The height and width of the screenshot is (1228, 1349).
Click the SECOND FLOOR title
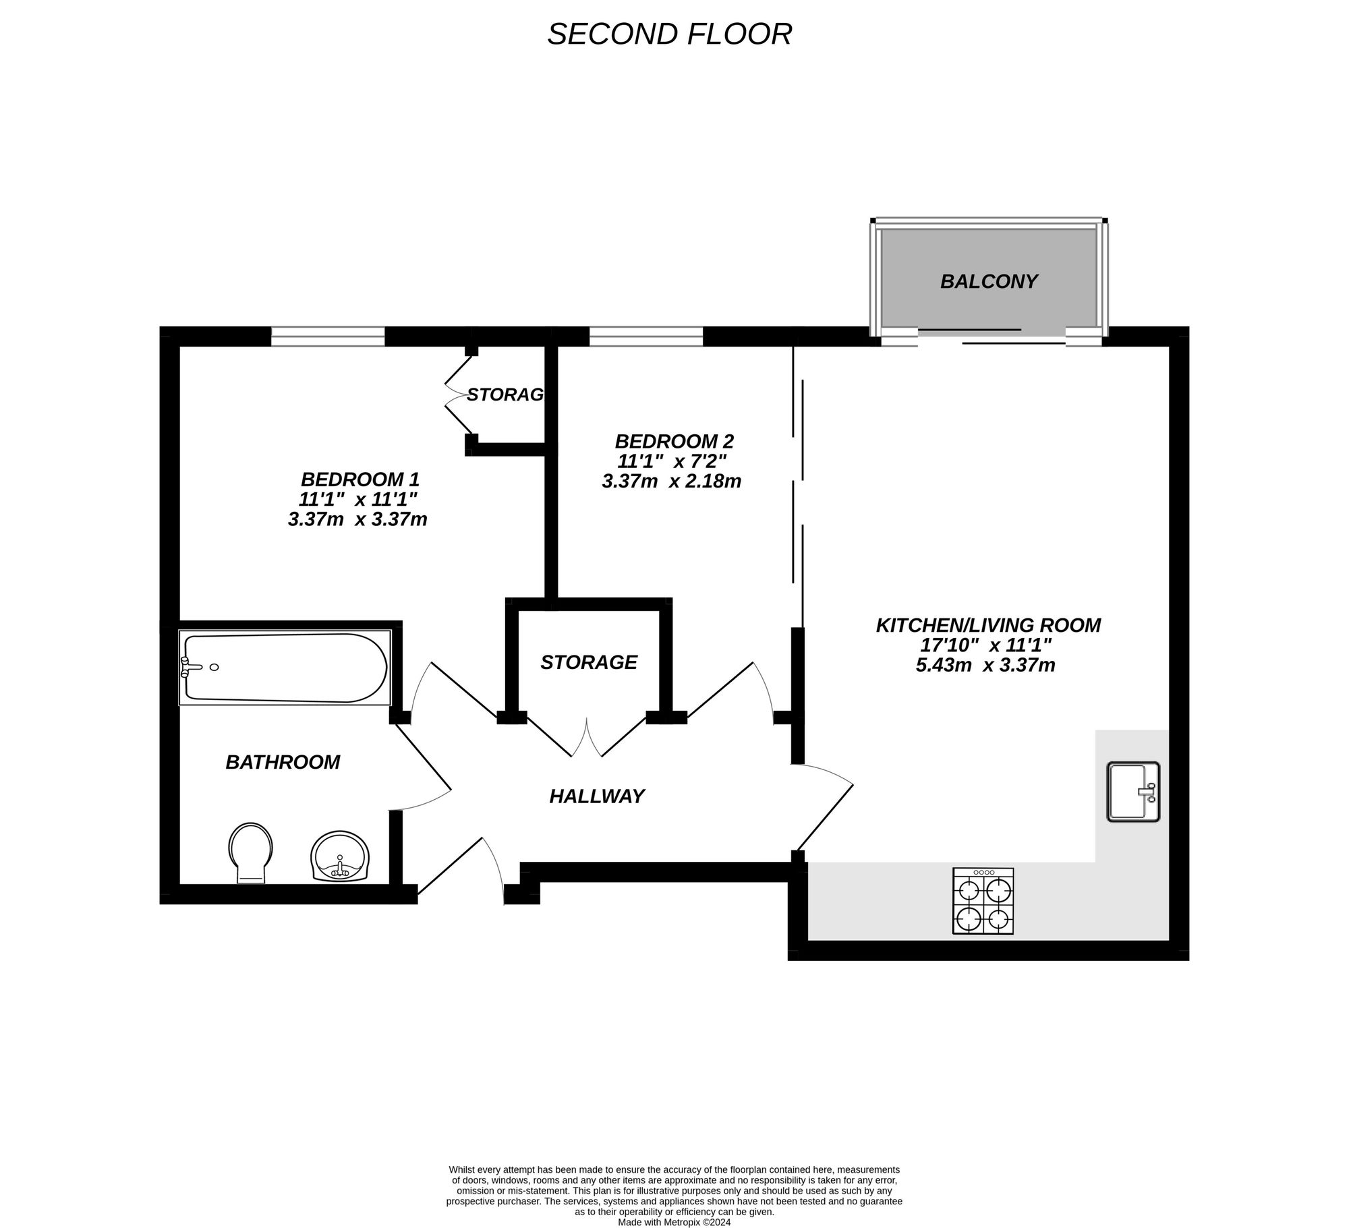coord(669,34)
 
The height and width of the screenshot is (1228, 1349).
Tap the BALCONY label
coord(989,281)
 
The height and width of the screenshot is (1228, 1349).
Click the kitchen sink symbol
coord(1132,792)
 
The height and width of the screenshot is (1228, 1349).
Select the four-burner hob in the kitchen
coord(983,901)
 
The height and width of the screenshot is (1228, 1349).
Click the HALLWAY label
coord(597,796)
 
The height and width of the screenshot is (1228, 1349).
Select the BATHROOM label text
coord(283,762)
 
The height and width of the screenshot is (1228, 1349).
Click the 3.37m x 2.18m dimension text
coord(672,481)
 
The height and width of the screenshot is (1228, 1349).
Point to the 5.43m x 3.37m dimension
coord(985,666)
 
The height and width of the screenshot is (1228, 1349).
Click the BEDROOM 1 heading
coord(360,479)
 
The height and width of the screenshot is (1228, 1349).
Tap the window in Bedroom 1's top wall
coord(328,336)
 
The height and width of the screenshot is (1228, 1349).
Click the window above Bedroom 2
coord(645,336)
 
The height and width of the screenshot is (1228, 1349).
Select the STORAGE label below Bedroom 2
coord(589,662)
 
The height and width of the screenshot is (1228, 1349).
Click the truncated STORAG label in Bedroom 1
coord(505,394)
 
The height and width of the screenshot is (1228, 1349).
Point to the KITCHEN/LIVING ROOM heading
coord(988,625)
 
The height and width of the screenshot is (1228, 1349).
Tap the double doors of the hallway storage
coord(587,738)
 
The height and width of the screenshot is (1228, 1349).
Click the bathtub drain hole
coord(214,667)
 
